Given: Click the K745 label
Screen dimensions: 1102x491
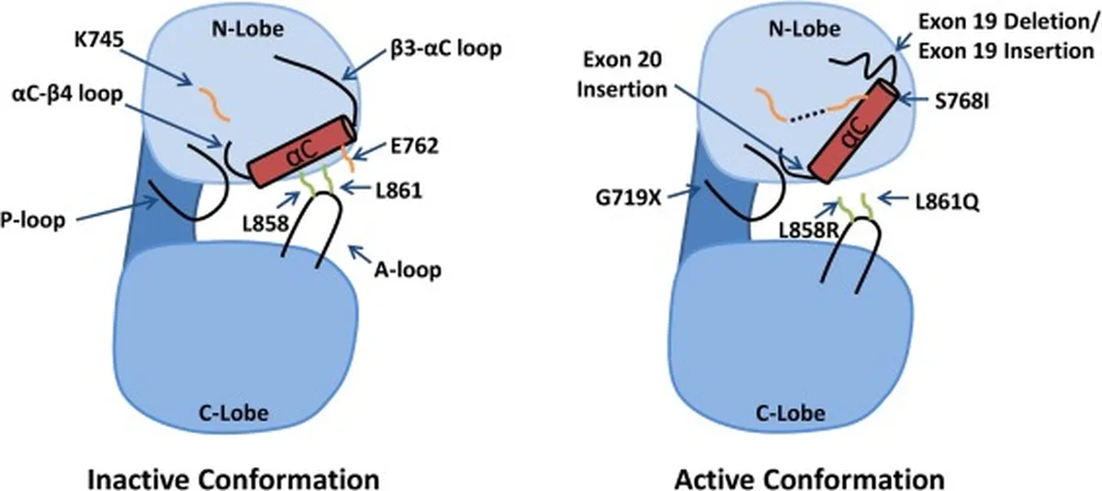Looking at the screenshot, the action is click(x=99, y=40).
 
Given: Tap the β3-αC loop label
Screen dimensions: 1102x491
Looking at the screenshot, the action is click(x=446, y=50).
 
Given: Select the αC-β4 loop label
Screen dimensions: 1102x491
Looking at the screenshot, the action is click(x=67, y=94).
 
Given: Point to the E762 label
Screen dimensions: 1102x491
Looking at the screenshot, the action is click(x=414, y=146).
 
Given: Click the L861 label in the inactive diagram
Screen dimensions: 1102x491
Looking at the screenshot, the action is click(x=399, y=191).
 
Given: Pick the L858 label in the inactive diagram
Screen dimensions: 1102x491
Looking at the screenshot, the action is click(x=265, y=224).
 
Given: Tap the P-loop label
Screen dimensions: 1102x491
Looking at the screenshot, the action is click(x=32, y=219).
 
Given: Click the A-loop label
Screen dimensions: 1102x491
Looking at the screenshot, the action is click(x=408, y=270).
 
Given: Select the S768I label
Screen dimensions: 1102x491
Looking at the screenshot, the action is click(x=961, y=102).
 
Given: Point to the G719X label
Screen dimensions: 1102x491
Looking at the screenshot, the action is click(x=628, y=198).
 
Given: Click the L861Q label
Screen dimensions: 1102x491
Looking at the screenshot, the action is click(x=948, y=203).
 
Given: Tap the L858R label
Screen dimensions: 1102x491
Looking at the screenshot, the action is click(x=809, y=230).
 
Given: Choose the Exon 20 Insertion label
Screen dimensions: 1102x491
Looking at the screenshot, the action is click(x=622, y=74).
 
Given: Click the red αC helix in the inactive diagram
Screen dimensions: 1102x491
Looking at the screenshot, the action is click(x=301, y=151).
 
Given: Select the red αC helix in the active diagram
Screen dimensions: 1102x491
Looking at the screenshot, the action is click(x=853, y=132).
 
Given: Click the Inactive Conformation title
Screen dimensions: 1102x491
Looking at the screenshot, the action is click(x=233, y=479).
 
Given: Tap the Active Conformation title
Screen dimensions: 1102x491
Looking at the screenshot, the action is click(x=809, y=479).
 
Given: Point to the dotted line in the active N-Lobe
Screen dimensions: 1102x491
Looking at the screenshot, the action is click(x=808, y=114).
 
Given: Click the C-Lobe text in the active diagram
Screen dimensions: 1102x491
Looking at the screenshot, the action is click(x=790, y=413).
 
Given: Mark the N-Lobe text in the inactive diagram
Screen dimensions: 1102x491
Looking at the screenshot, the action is click(x=248, y=29).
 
